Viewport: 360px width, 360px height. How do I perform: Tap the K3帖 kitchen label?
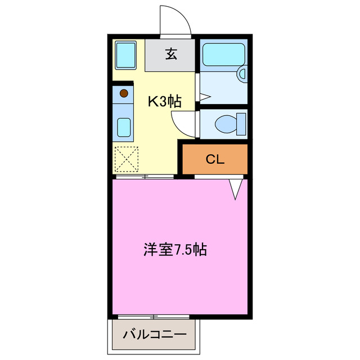coord(164,101)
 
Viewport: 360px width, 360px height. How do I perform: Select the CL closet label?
coord(214,159)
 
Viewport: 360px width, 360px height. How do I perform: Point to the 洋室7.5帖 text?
coord(175,249)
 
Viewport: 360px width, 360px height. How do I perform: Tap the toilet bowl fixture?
coord(227,122)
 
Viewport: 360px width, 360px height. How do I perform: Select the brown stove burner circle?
coord(124,92)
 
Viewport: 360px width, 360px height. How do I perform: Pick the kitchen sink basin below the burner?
coord(124,128)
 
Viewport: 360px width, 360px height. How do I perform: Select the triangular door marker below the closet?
coord(236,189)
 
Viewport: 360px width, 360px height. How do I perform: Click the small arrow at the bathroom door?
coord(204,98)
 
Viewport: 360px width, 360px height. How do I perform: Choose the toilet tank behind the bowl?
coord(241,122)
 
